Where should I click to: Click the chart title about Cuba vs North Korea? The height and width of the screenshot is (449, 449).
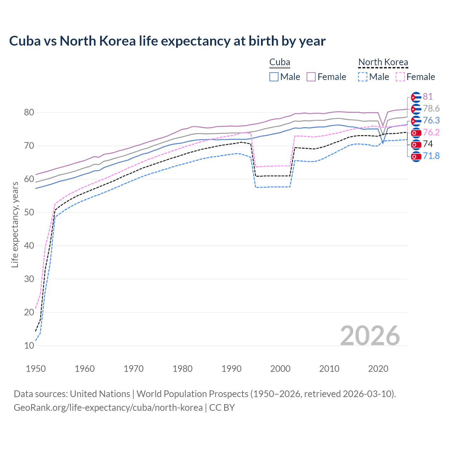click(x=167, y=41)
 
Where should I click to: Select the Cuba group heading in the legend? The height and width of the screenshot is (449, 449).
click(x=280, y=62)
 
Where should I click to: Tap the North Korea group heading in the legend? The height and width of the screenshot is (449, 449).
click(x=383, y=62)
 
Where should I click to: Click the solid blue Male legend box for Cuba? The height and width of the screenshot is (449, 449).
click(x=274, y=77)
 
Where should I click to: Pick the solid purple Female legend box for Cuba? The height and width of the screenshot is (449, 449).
click(x=311, y=77)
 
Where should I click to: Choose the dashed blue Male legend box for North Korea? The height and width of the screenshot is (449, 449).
click(x=363, y=77)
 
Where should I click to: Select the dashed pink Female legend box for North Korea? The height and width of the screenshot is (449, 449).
click(x=400, y=77)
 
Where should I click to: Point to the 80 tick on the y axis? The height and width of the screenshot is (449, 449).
click(x=29, y=113)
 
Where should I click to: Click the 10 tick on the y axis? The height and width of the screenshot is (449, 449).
click(x=29, y=346)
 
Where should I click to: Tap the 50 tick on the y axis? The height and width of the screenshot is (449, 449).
click(x=29, y=213)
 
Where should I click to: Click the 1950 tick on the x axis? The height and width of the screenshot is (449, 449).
click(x=36, y=369)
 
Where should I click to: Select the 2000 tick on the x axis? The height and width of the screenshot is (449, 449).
click(x=280, y=369)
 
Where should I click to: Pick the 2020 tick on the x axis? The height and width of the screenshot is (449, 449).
click(x=378, y=369)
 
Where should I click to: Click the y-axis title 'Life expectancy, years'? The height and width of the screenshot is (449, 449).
click(x=15, y=224)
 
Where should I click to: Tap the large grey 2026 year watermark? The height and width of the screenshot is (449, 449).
click(x=370, y=336)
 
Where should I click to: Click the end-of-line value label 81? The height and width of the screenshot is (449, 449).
click(x=428, y=97)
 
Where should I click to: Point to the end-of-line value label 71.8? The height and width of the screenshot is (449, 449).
click(x=431, y=156)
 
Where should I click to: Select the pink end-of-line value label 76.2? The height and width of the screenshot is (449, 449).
click(x=431, y=133)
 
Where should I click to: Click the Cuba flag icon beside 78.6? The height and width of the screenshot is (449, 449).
click(x=416, y=109)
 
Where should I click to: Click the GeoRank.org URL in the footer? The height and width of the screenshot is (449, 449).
click(x=108, y=408)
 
